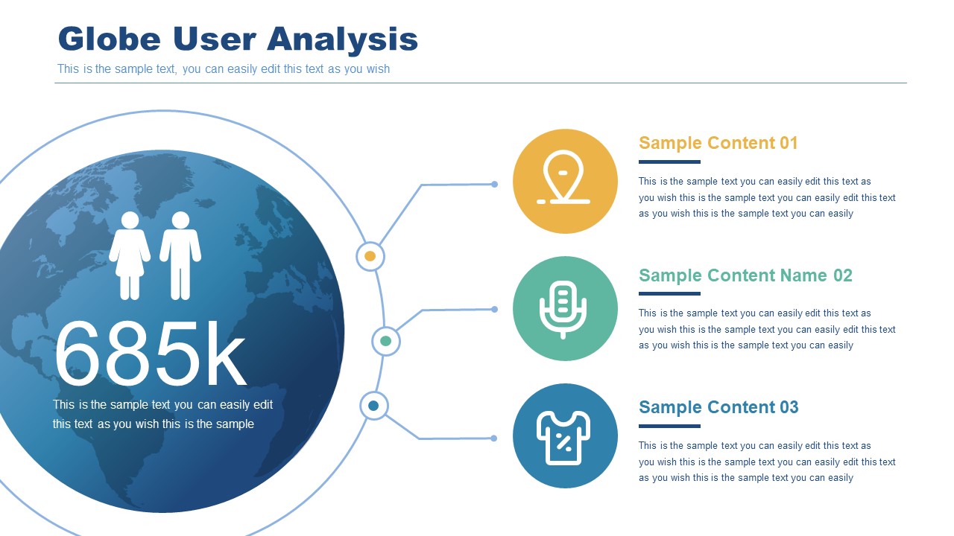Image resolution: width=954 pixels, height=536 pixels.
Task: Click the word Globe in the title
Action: pos(110,39)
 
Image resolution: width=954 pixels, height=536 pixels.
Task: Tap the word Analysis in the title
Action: pos(342,40)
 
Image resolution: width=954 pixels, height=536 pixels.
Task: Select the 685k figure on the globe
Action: pos(151,354)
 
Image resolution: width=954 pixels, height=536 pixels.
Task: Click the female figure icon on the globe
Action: pos(130,255)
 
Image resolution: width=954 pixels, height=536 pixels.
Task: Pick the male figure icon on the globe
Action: pos(180,255)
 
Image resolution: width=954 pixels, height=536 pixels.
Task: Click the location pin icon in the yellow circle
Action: pos(563,177)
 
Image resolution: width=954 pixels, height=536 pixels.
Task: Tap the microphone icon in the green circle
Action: pos(563,309)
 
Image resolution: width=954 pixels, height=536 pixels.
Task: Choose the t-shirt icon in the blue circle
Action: pos(563,438)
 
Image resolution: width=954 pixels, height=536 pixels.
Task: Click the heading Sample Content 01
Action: pos(718,143)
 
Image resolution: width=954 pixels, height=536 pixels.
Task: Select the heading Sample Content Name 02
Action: pos(745,275)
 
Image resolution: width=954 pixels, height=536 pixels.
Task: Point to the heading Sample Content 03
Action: pos(718,407)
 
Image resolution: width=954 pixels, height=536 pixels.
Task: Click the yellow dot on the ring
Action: pos(370,256)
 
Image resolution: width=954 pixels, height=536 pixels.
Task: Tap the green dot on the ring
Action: pos(385,341)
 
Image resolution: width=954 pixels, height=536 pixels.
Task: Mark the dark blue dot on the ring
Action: pos(373,406)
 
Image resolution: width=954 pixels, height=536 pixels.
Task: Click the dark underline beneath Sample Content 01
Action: pos(669,162)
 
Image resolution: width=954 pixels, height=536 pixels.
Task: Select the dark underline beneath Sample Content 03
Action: pos(669,427)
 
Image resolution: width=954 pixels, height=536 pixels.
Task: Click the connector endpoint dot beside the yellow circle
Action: pos(494,184)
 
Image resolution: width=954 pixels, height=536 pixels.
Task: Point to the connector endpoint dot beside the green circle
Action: pos(494,309)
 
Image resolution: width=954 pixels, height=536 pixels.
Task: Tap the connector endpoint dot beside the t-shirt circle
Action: pos(493,438)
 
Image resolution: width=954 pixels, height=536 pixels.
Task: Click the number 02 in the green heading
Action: pos(842,275)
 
